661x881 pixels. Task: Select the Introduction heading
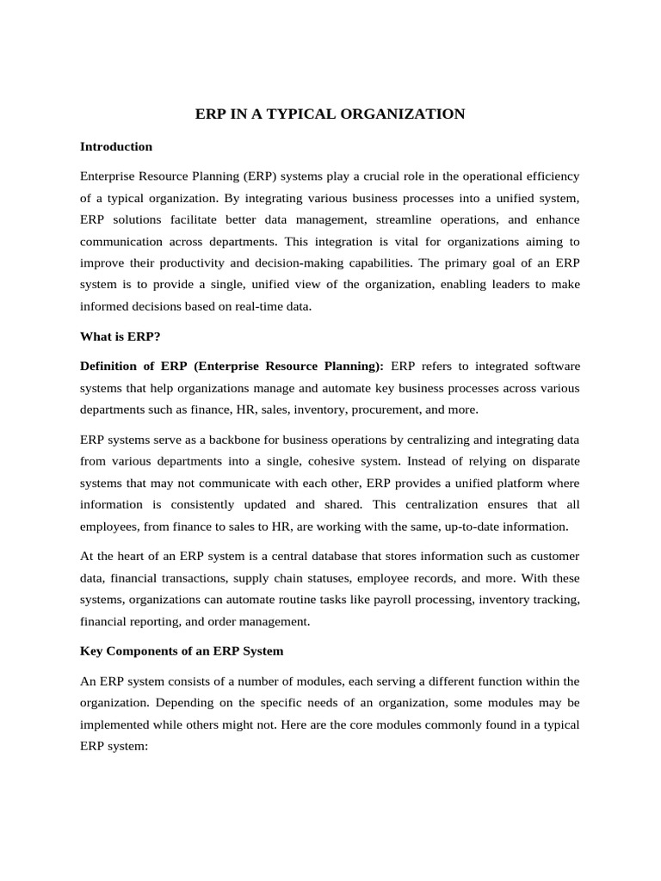[x=116, y=146]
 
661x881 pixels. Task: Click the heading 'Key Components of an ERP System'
[x=182, y=650]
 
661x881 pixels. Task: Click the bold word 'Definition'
[x=112, y=366]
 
